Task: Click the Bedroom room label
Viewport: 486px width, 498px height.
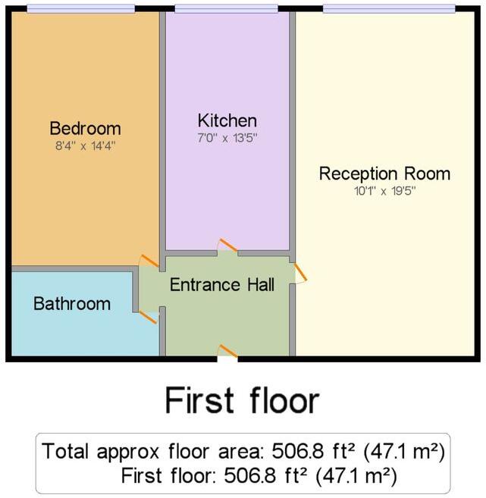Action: pyautogui.click(x=85, y=127)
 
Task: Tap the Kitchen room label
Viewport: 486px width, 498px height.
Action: pyautogui.click(x=227, y=121)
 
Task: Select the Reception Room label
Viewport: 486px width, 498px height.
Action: pyautogui.click(x=384, y=174)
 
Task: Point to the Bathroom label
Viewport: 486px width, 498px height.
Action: pyautogui.click(x=72, y=304)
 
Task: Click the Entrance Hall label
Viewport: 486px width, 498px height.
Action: pyautogui.click(x=222, y=285)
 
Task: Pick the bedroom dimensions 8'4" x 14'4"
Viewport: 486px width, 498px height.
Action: pyautogui.click(x=85, y=144)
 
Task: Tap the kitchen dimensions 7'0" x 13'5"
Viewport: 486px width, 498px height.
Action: pyautogui.click(x=227, y=138)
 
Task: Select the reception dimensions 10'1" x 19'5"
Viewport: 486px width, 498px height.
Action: pyautogui.click(x=384, y=191)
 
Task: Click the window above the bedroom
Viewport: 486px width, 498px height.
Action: pyautogui.click(x=80, y=9)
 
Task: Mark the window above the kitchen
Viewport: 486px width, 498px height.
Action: pyautogui.click(x=227, y=9)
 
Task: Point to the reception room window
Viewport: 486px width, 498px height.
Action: pyautogui.click(x=388, y=9)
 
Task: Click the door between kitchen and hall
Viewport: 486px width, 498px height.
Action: pyautogui.click(x=227, y=247)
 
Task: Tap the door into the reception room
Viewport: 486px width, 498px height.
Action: pyautogui.click(x=300, y=273)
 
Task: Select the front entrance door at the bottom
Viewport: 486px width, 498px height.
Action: pyautogui.click(x=227, y=350)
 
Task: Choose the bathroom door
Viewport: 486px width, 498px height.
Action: pyautogui.click(x=146, y=315)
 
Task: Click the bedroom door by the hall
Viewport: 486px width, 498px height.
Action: pyautogui.click(x=149, y=262)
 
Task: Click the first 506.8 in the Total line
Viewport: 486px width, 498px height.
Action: pyautogui.click(x=285, y=452)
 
